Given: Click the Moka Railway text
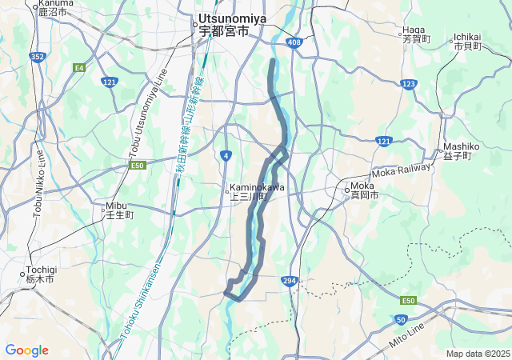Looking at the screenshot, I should (x=401, y=172).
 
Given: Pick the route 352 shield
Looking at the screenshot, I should (x=36, y=56).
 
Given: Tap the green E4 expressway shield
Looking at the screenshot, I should (x=78, y=68).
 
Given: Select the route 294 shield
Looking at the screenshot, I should (x=290, y=280).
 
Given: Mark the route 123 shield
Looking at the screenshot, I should (x=409, y=83).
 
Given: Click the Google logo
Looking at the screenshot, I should (x=26, y=350).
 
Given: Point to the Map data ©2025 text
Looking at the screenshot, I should (x=478, y=354).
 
